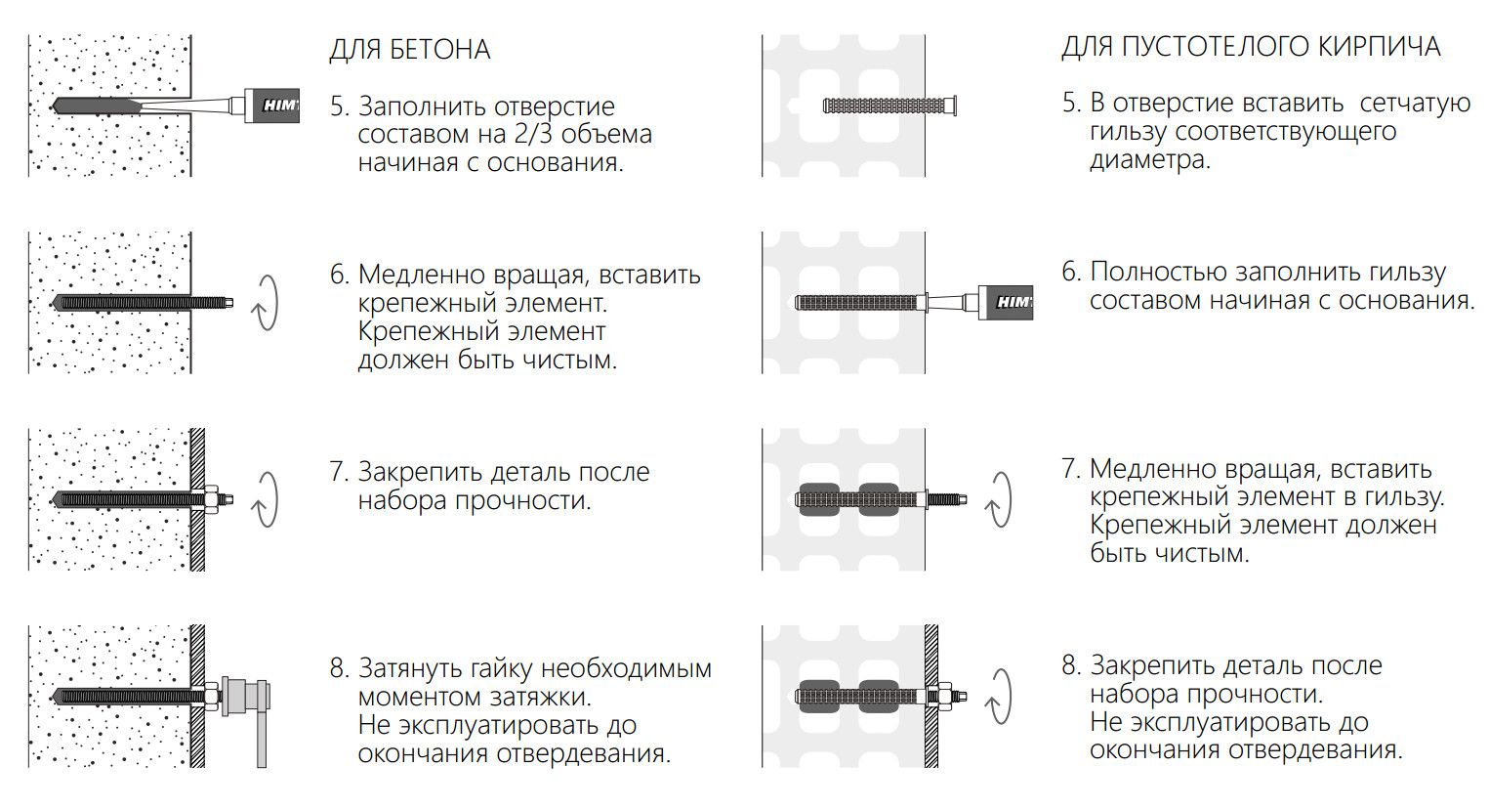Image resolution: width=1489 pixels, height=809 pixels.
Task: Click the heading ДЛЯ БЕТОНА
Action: tap(409, 49)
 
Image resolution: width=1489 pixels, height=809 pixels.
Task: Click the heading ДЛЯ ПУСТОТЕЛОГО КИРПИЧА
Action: tap(1250, 47)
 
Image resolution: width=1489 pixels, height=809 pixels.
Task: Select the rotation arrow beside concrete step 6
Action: tap(265, 302)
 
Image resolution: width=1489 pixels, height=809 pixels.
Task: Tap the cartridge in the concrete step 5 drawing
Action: tap(273, 105)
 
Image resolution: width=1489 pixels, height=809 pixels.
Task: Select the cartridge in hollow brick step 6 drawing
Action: tap(1007, 302)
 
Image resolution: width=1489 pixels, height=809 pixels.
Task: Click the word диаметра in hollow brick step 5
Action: tap(1149, 160)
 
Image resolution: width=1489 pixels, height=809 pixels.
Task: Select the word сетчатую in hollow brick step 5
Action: tap(1415, 104)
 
